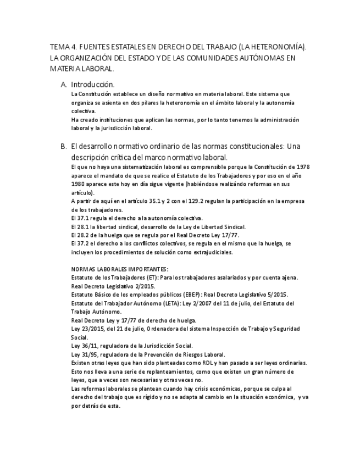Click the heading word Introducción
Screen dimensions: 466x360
point(92,85)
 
